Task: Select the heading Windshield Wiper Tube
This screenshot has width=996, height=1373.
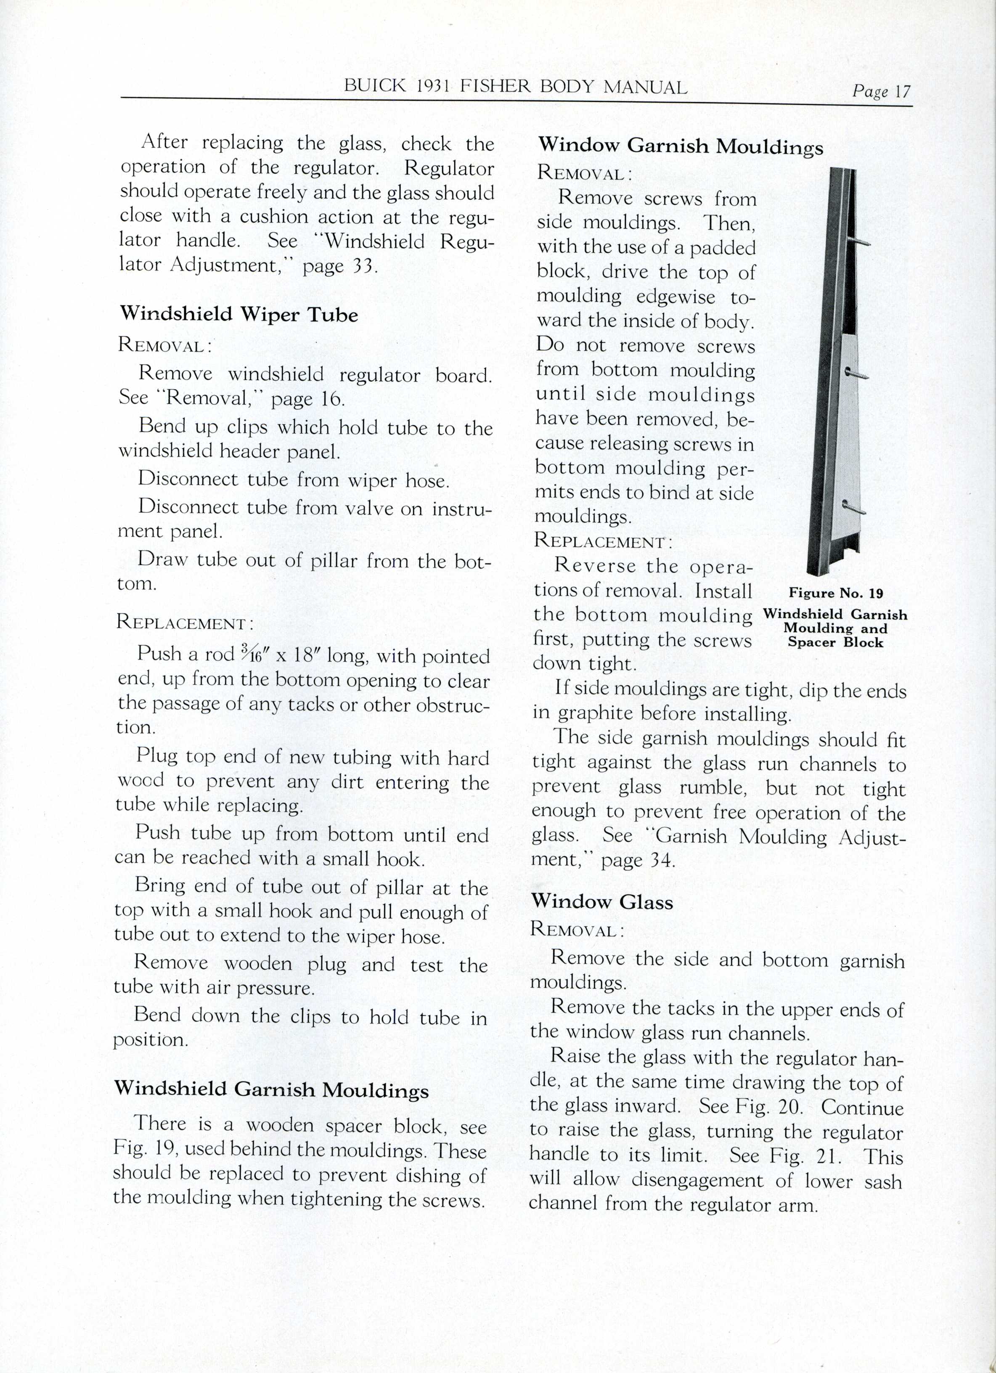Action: [x=238, y=314]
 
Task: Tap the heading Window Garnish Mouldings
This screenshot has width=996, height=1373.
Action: [x=680, y=146]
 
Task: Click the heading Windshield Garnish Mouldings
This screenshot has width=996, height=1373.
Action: [x=271, y=1089]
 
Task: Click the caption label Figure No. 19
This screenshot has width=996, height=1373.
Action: [x=836, y=593]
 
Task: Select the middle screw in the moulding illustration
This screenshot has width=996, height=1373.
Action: [x=856, y=374]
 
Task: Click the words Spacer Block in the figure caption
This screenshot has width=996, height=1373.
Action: [x=836, y=642]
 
